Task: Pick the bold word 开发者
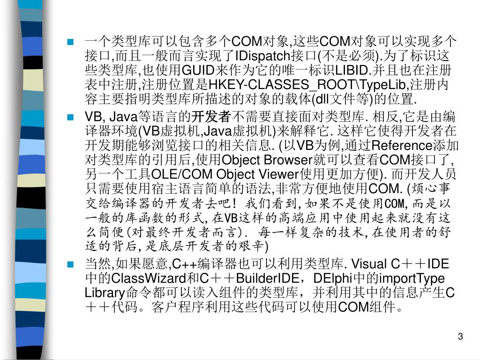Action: (212, 116)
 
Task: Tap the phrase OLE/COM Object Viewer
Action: (226, 174)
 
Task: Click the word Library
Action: (104, 292)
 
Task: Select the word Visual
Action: (367, 263)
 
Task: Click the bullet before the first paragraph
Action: (71, 42)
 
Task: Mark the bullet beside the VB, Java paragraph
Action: (71, 117)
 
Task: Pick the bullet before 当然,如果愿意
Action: (71, 264)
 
